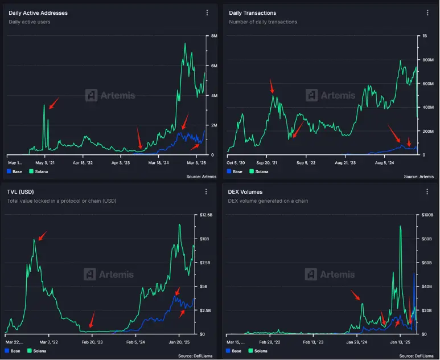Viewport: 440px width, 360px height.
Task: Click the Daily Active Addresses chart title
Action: coord(38,13)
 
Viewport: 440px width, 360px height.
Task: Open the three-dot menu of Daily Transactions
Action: coord(426,13)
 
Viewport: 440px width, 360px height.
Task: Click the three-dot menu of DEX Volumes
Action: coord(426,192)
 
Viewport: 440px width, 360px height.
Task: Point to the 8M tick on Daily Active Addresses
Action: coord(214,36)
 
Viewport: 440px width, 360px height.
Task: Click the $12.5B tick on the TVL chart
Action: coord(207,215)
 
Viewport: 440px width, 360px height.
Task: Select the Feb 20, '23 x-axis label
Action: coord(92,342)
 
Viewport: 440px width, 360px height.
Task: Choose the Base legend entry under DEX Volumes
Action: coord(235,350)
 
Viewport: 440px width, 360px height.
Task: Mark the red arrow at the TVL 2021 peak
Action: coord(42,236)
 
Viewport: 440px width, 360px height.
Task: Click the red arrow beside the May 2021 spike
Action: coord(54,103)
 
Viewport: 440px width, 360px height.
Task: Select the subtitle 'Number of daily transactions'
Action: coord(263,22)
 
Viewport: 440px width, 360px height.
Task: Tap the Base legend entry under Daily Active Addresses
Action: coord(14,171)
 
